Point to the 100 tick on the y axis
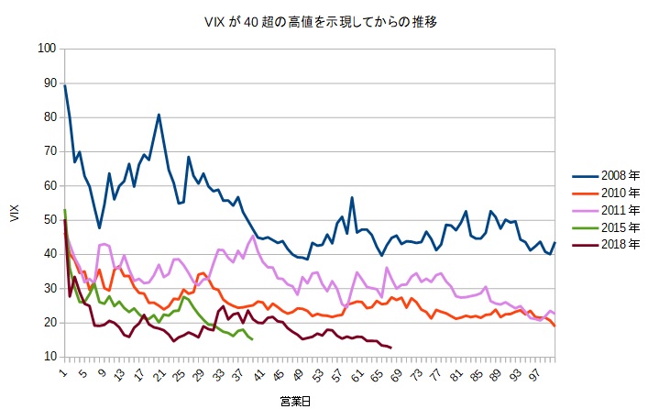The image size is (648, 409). pos(45,49)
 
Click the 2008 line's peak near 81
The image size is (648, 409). pos(159,115)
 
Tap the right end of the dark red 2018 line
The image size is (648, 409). pos(391,348)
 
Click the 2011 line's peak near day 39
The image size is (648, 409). pos(252,236)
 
